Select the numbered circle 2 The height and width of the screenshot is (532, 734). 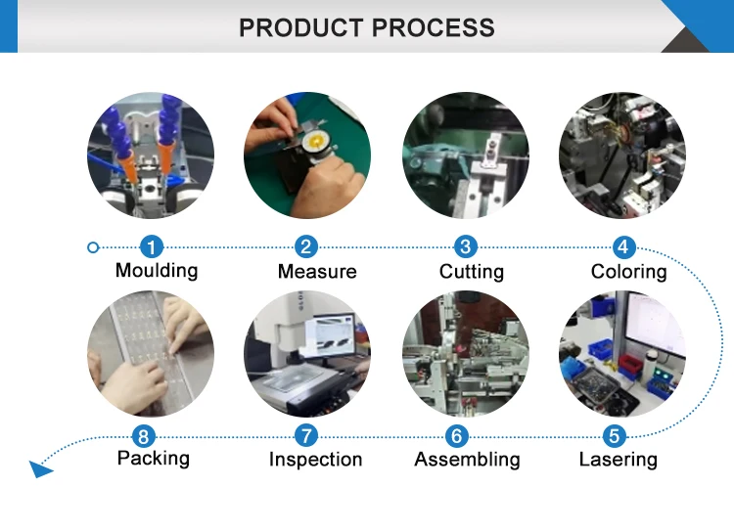pyautogui.click(x=307, y=247)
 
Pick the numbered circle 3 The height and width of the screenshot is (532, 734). pyautogui.click(x=466, y=247)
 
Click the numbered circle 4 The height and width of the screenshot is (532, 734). pyautogui.click(x=622, y=247)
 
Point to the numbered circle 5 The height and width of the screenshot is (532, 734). pyautogui.click(x=614, y=436)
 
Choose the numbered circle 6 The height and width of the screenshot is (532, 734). pyautogui.click(x=456, y=436)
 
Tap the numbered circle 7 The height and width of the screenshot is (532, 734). pyautogui.click(x=307, y=436)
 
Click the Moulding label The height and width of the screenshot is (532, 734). pyautogui.click(x=157, y=271)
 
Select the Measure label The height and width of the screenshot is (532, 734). pyautogui.click(x=316, y=272)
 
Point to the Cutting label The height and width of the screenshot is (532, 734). pyautogui.click(x=472, y=272)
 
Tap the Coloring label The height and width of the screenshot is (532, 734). pyautogui.click(x=628, y=272)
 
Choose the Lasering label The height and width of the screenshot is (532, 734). pyautogui.click(x=618, y=460)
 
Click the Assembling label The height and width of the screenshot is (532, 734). pyautogui.click(x=467, y=460)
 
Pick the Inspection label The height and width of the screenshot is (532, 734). pyautogui.click(x=315, y=460)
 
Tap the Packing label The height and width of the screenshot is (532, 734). pyautogui.click(x=154, y=459)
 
